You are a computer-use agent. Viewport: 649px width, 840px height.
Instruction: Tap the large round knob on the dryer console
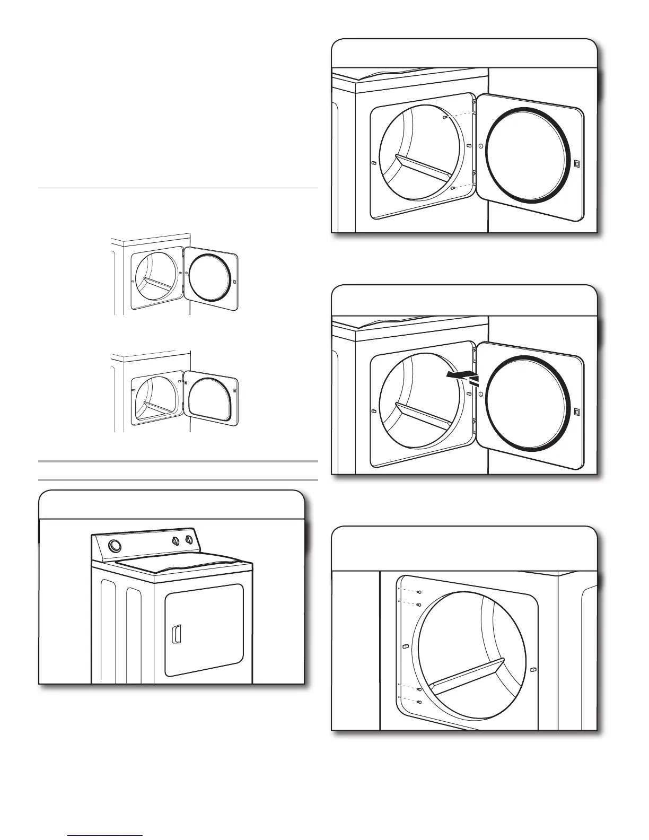pyautogui.click(x=114, y=546)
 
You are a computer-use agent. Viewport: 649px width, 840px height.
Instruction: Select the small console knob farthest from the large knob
pyautogui.click(x=188, y=541)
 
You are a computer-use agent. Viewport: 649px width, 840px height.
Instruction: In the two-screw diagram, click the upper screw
pyautogui.click(x=445, y=117)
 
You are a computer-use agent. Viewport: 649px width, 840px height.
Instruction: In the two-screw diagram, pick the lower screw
pyautogui.click(x=452, y=188)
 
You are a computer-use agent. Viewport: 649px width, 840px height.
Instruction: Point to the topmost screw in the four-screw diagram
pyautogui.click(x=418, y=592)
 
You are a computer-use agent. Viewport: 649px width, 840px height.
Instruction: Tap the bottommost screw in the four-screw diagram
pyautogui.click(x=419, y=702)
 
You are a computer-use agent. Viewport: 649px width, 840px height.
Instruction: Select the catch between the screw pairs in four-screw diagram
pyautogui.click(x=406, y=646)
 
